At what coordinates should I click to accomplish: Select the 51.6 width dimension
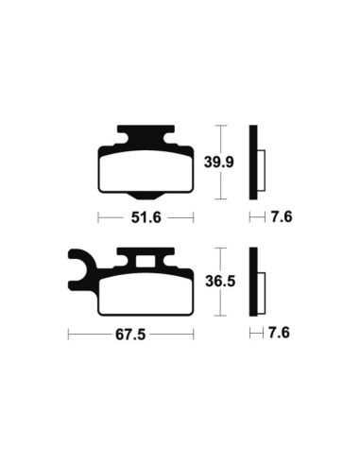pos(146,217)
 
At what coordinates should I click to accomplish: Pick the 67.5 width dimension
pos(130,334)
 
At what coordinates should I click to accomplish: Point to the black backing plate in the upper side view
pos(253,162)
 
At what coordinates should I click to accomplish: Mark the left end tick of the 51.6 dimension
pos(99,217)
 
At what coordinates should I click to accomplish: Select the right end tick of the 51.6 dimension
pos(194,217)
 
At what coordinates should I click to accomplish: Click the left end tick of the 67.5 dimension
pos(69,334)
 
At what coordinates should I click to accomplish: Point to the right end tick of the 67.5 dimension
pos(194,334)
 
